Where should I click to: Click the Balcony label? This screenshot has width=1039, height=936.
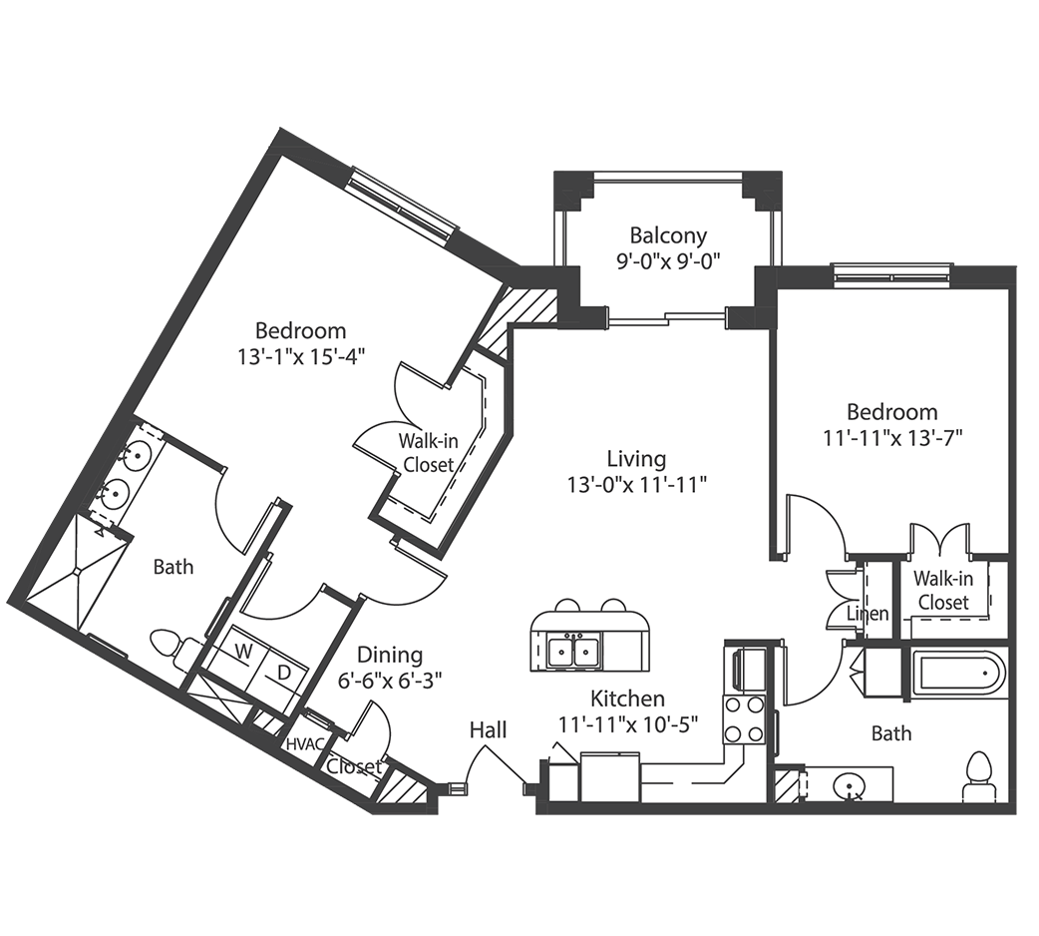click(x=668, y=236)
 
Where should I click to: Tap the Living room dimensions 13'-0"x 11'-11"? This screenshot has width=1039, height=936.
click(x=636, y=486)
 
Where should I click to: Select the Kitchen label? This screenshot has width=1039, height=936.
click(x=627, y=699)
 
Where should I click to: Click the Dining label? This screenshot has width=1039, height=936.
click(x=390, y=655)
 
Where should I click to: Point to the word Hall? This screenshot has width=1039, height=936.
click(x=489, y=730)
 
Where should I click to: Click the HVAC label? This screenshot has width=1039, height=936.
click(x=303, y=744)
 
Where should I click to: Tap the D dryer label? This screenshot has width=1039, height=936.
click(x=284, y=673)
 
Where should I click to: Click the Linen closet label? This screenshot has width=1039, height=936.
click(x=867, y=614)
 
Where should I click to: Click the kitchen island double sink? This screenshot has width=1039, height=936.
click(x=573, y=652)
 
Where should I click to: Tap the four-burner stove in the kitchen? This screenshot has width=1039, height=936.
click(x=743, y=719)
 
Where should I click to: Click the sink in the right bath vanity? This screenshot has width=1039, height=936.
click(x=851, y=788)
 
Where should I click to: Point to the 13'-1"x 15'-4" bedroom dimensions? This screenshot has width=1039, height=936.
click(x=300, y=358)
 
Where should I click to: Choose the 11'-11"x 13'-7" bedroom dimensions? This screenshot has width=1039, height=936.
click(x=892, y=437)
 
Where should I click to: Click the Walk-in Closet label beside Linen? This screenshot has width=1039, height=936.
click(x=942, y=590)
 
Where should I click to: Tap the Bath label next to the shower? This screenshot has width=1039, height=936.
click(x=173, y=567)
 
